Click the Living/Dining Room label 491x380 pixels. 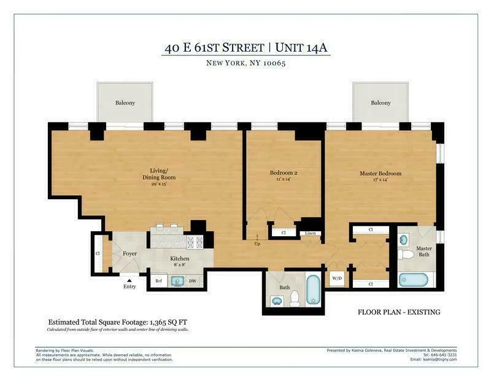(159, 174)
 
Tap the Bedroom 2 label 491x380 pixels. (284, 173)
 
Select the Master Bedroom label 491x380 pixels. (380, 173)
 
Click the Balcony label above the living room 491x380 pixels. (125, 103)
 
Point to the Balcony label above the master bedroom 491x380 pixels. (380, 103)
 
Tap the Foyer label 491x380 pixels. (130, 253)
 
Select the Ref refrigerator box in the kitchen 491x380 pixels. (158, 281)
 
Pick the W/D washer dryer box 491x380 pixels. (337, 277)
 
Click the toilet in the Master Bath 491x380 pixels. (404, 253)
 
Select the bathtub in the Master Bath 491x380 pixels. (417, 280)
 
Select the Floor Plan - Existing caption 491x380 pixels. (399, 312)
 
